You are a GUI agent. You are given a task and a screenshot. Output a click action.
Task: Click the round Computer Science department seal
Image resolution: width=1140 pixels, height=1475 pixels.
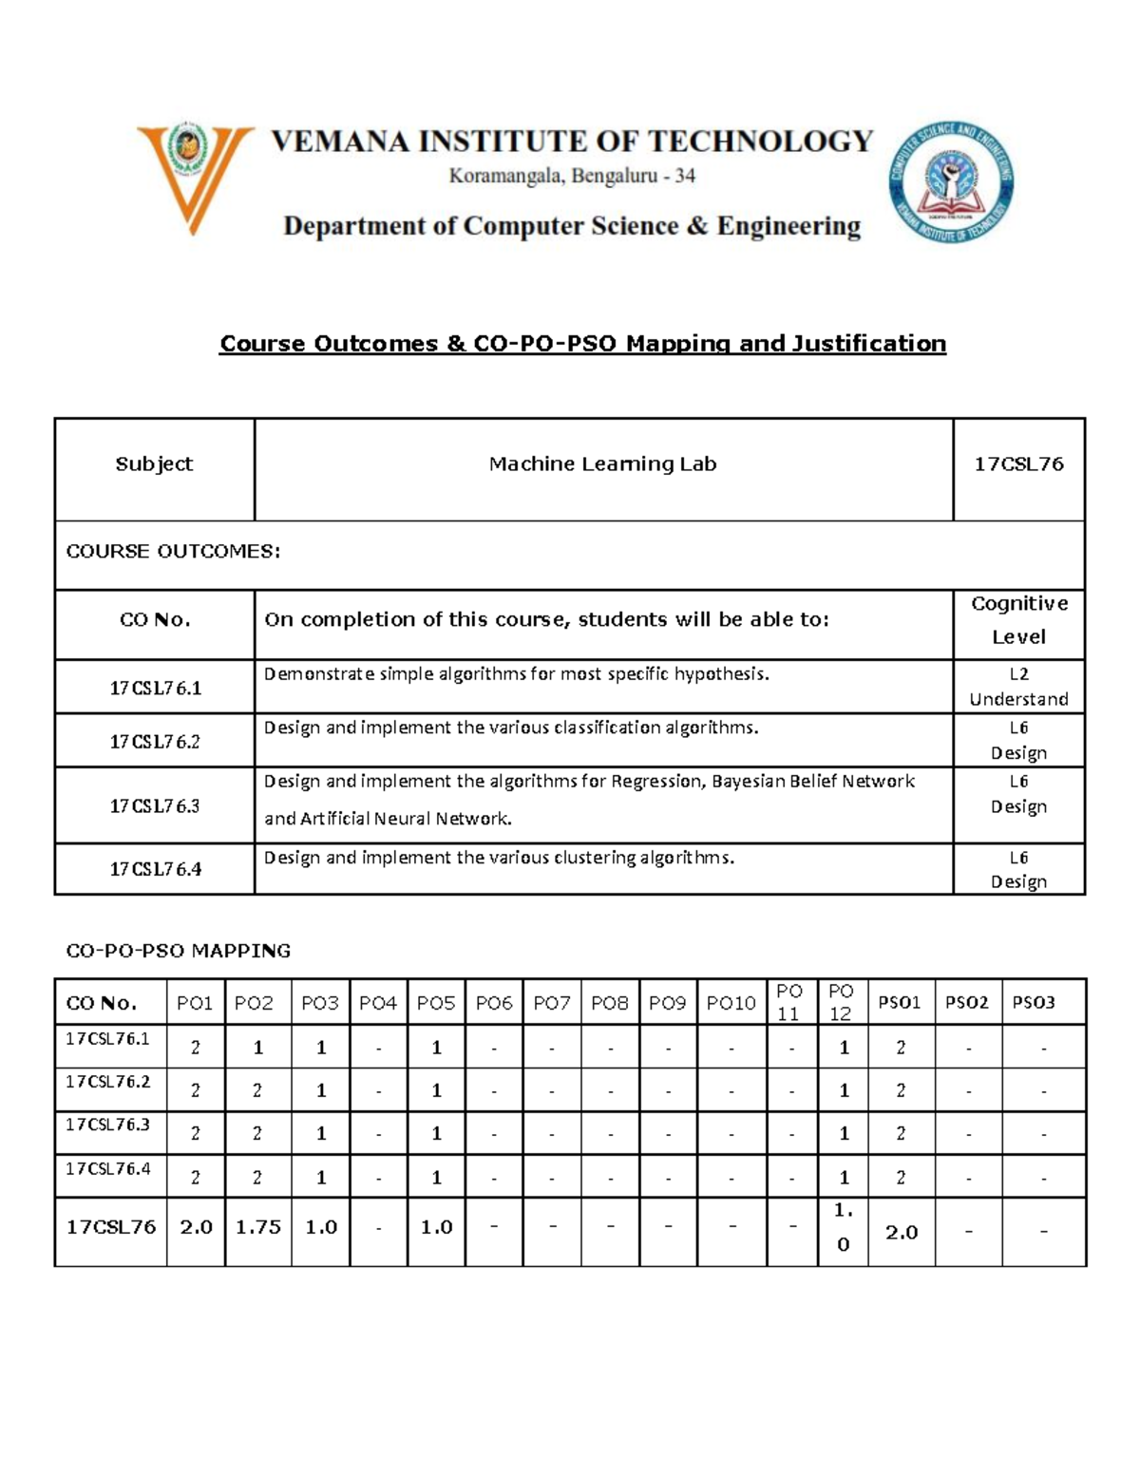pyautogui.click(x=951, y=181)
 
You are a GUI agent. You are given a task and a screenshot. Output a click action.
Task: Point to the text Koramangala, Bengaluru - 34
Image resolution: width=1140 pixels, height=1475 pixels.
pyautogui.click(x=572, y=177)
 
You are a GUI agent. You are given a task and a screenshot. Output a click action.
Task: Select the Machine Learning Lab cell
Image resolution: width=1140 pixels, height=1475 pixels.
pyautogui.click(x=602, y=464)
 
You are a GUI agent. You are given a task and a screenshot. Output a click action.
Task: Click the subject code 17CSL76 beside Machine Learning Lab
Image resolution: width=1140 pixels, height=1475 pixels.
pyautogui.click(x=1018, y=464)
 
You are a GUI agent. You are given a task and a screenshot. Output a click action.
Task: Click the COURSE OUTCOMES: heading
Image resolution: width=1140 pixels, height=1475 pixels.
pyautogui.click(x=173, y=552)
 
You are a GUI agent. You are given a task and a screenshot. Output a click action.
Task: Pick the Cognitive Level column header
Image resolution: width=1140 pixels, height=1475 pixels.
pyautogui.click(x=1018, y=620)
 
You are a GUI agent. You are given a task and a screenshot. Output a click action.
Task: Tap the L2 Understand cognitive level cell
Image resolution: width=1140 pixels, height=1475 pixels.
pyautogui.click(x=1018, y=687)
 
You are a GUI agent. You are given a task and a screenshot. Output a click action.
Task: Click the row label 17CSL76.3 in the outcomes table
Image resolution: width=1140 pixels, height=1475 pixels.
pyautogui.click(x=155, y=806)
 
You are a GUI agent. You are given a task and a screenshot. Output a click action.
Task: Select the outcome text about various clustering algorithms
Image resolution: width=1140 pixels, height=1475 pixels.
pyautogui.click(x=499, y=858)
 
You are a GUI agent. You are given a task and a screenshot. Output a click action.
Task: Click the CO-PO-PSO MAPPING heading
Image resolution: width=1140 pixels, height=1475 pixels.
pyautogui.click(x=178, y=951)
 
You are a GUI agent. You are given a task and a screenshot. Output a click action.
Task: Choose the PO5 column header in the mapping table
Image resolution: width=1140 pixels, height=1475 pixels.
pyautogui.click(x=436, y=1003)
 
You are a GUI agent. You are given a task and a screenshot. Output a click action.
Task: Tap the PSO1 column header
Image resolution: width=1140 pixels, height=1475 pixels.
pyautogui.click(x=900, y=1003)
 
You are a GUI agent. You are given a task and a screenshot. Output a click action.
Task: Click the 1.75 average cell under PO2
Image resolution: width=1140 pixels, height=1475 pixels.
pyautogui.click(x=258, y=1227)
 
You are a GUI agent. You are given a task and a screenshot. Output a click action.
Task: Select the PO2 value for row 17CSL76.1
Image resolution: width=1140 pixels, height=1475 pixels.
pyautogui.click(x=257, y=1048)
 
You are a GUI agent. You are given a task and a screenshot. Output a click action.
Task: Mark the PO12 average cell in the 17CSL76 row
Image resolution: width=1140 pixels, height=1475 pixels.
pyautogui.click(x=843, y=1227)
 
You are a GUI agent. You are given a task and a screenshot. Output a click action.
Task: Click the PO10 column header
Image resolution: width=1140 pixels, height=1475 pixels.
pyautogui.click(x=731, y=1003)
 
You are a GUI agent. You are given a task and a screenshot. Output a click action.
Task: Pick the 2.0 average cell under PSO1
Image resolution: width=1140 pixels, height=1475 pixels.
pyautogui.click(x=901, y=1233)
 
